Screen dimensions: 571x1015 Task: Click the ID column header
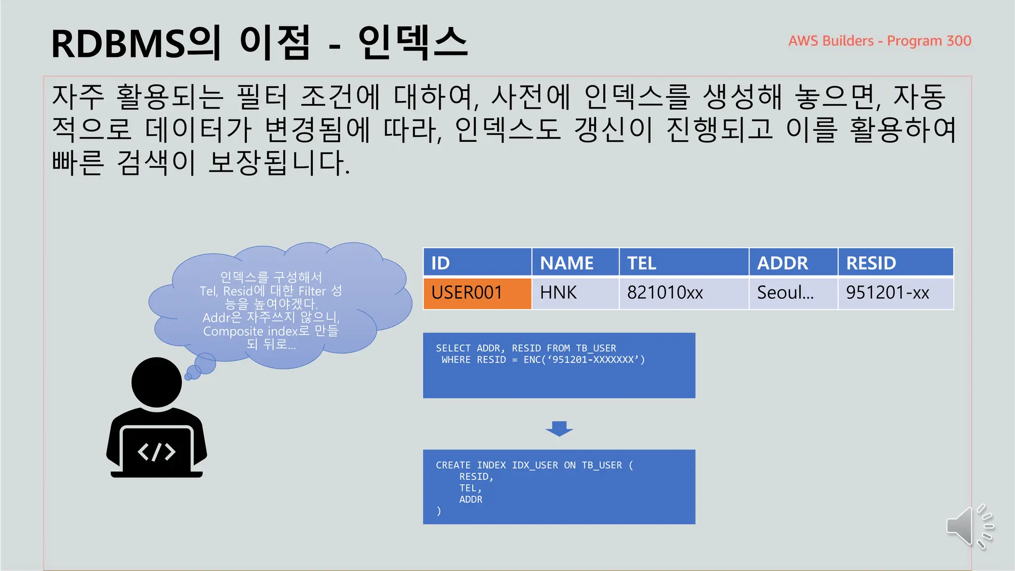[x=477, y=262]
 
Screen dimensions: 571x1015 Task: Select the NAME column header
[x=575, y=262]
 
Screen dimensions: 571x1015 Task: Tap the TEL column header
[x=683, y=262]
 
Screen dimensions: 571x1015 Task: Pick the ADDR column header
[x=792, y=262]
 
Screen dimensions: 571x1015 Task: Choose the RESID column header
[x=895, y=262]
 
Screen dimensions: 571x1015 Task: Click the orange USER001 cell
[x=477, y=293]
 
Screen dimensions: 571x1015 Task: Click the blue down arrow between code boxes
[x=559, y=428]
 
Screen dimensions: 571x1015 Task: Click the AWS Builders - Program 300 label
[x=880, y=41]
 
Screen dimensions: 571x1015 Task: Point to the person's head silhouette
[x=157, y=382]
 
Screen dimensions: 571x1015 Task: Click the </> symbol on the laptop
[x=157, y=452]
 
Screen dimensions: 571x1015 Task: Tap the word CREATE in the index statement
[x=453, y=465]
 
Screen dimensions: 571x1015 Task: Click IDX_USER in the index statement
[x=535, y=465]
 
